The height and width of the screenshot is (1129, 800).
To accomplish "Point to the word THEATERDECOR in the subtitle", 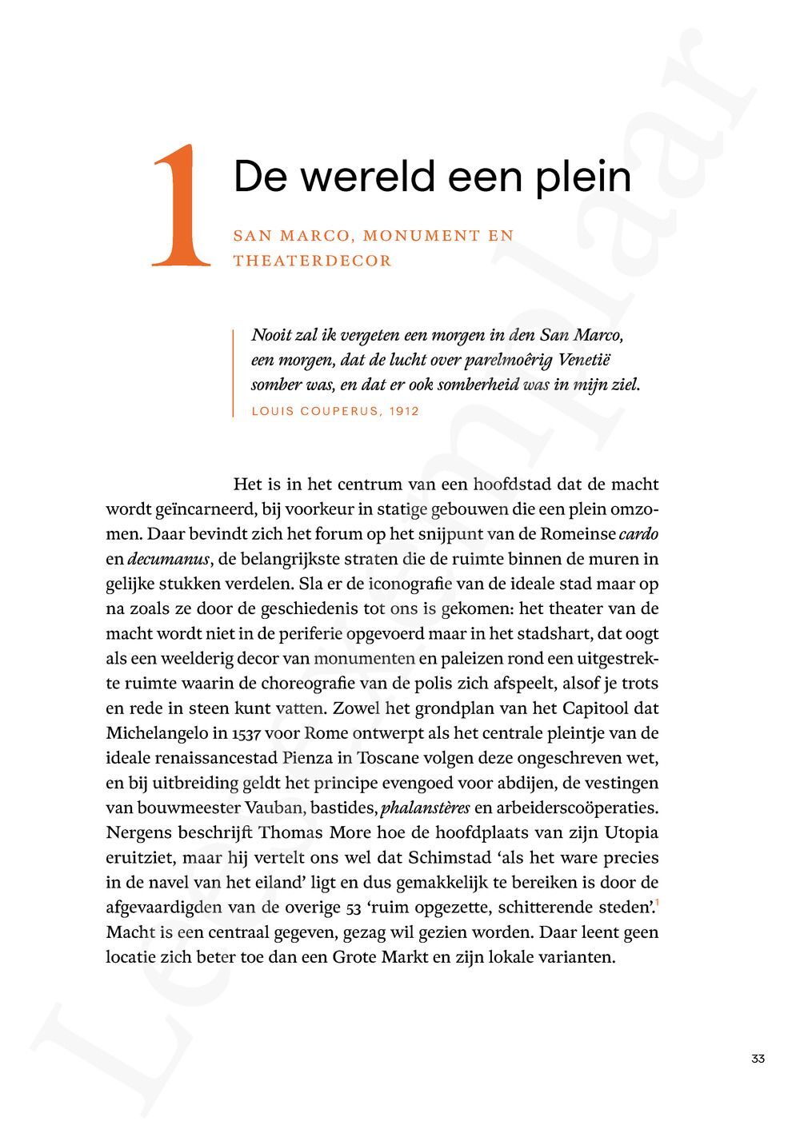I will (312, 261).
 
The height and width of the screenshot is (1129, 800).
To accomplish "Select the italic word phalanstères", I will (426, 808).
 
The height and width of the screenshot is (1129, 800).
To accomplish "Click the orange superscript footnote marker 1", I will (657, 903).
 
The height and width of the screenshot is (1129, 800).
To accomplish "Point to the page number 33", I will (758, 1059).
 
